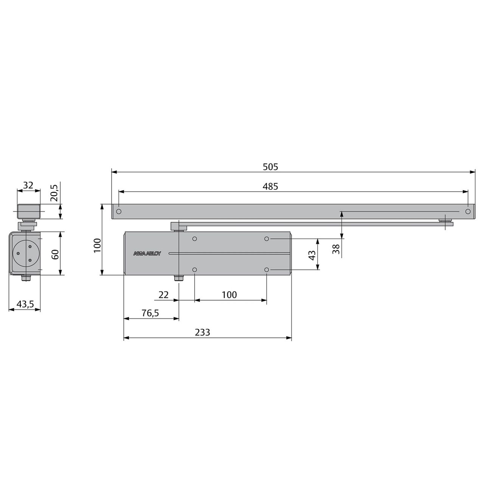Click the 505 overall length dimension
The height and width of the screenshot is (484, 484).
(270, 167)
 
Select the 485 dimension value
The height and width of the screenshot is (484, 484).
(270, 186)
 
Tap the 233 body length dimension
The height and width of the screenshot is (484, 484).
(202, 332)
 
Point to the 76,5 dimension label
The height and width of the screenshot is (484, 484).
(150, 313)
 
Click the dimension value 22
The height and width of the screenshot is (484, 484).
(163, 295)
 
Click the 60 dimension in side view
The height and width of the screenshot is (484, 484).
(55, 254)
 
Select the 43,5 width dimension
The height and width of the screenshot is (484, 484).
(25, 304)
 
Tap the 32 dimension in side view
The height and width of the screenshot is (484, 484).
(28, 185)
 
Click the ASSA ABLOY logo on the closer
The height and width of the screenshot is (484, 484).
(147, 254)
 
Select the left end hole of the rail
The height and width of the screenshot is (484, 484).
(119, 211)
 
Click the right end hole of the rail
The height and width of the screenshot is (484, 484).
(468, 211)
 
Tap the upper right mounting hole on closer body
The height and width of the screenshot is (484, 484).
(267, 239)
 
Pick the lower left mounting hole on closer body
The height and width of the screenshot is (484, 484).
(195, 270)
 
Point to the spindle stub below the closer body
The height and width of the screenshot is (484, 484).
(177, 278)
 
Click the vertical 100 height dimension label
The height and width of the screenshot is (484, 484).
(97, 246)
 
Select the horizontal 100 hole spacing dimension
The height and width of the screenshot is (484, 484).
(229, 295)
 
